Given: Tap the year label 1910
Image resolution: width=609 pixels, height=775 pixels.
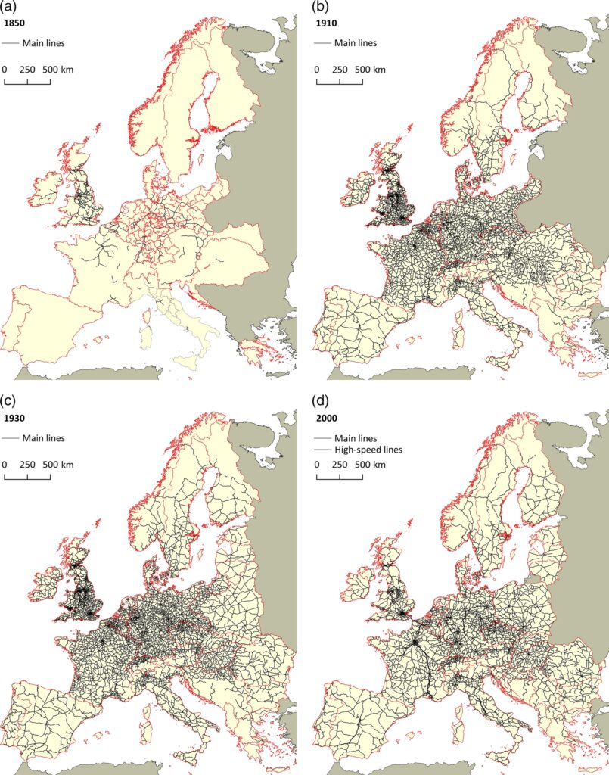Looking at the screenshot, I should pos(326,26).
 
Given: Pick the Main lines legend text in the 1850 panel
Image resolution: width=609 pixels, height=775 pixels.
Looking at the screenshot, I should pos(44,43).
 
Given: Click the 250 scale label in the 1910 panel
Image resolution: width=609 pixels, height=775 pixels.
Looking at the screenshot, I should pos(340,70).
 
